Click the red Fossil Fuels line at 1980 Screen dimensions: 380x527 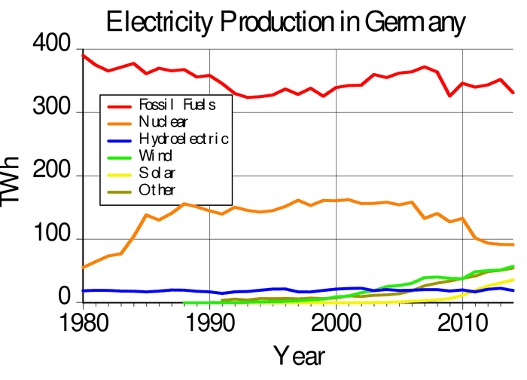83,55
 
